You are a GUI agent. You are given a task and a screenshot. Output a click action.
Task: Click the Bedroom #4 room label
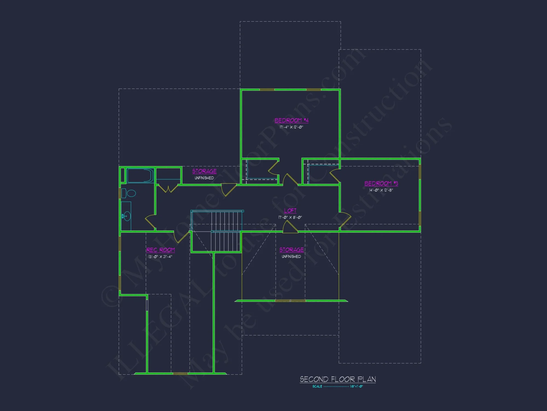coord(291,120)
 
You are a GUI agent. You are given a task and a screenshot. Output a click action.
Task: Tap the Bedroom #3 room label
coord(381,183)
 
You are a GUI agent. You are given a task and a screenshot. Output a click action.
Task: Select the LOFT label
coord(290,210)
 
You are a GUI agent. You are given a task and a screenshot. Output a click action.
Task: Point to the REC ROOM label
coord(161,250)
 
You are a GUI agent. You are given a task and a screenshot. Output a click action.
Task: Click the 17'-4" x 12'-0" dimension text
coord(291,127)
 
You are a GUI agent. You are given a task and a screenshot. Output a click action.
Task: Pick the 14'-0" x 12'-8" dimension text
coord(381,190)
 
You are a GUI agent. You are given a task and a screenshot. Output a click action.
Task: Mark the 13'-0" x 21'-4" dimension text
coord(160,257)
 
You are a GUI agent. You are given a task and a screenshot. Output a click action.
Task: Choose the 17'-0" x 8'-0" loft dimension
coord(290,217)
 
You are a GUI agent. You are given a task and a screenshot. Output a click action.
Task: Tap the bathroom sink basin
coord(126,216)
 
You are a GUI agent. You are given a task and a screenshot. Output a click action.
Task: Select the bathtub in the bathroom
coord(140,176)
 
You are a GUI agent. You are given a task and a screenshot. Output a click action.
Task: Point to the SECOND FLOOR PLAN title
coord(338,379)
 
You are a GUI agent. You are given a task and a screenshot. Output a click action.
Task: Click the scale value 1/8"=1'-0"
coord(356,386)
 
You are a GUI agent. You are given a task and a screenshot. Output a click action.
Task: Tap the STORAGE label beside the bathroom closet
coord(204,171)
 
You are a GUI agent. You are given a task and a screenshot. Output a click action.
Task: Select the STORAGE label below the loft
coord(291,250)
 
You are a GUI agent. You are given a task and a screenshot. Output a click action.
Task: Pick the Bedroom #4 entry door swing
coord(289,180)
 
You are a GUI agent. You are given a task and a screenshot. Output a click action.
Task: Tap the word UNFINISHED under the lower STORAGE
coord(291,256)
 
